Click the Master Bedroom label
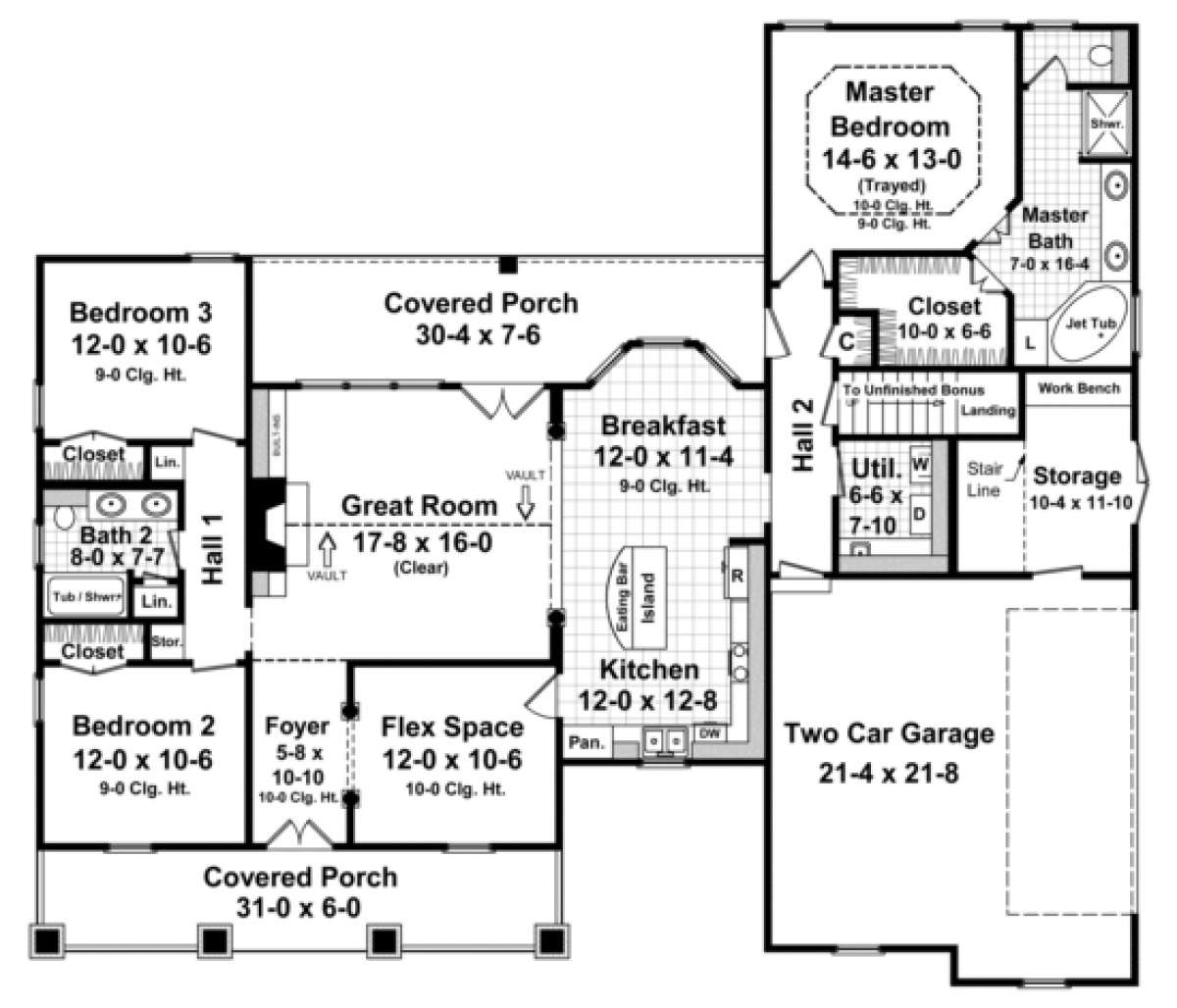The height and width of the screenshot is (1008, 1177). [890, 109]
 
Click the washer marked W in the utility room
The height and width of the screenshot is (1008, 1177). [921, 460]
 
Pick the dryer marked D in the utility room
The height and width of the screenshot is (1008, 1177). [921, 512]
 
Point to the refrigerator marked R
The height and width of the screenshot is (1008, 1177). [737, 576]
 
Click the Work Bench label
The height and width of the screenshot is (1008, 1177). [1079, 388]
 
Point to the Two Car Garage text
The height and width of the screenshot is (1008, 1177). [889, 732]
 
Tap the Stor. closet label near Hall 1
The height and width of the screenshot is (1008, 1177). [163, 643]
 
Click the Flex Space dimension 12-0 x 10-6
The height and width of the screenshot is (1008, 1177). [451, 760]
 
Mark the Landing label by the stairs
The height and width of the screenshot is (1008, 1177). [987, 410]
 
